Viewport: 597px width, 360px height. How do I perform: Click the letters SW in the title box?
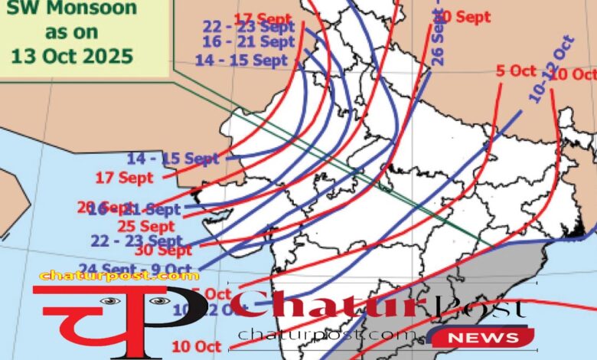tap(19, 10)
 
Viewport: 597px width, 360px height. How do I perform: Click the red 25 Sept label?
tap(145, 226)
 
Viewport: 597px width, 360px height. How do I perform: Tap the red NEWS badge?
tap(480, 337)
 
